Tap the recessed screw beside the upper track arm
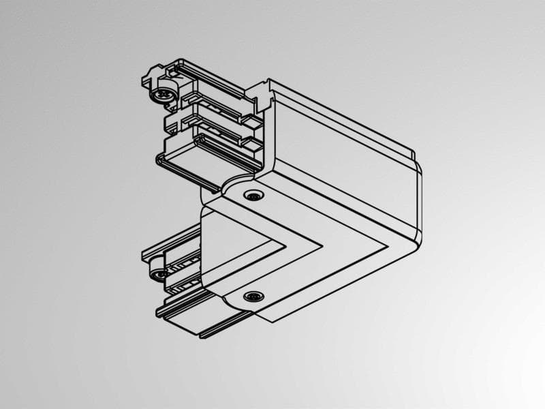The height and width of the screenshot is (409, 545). click(x=254, y=196)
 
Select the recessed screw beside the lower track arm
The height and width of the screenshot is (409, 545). click(x=254, y=297)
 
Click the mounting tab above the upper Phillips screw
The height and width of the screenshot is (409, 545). click(x=151, y=74)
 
